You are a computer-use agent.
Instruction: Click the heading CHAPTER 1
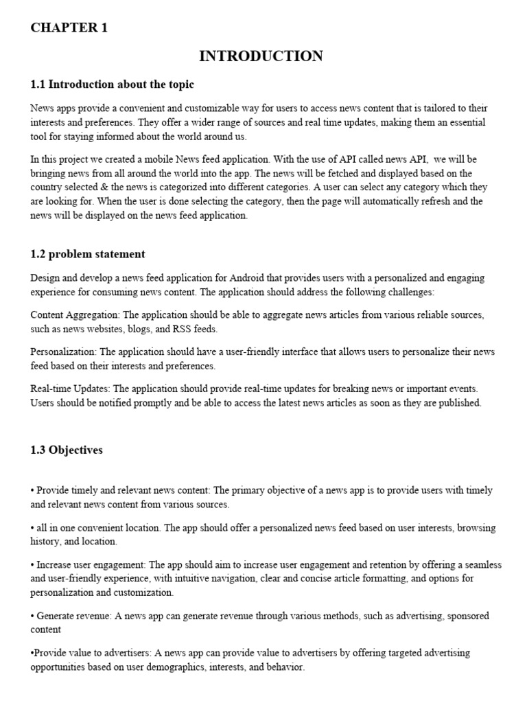coord(69,28)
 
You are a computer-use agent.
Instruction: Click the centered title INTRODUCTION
coord(261,56)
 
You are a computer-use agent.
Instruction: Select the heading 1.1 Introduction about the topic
coord(112,84)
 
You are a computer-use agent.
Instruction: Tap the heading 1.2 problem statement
coord(88,254)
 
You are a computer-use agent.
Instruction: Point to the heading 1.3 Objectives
coord(67,450)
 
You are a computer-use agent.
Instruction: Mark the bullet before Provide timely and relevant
coord(32,491)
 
